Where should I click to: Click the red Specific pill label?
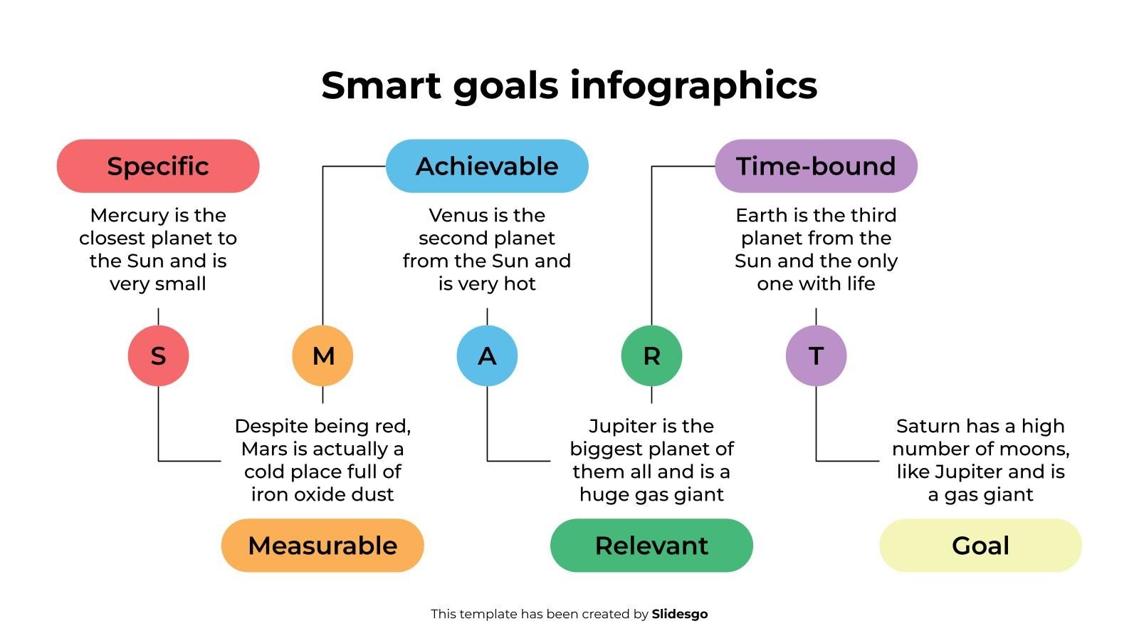[x=158, y=166]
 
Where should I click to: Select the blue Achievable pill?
[x=487, y=166]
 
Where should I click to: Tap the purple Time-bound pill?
[x=816, y=166]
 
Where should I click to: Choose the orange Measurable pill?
[x=322, y=546]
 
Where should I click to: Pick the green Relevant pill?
[x=651, y=546]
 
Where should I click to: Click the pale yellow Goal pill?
[x=980, y=546]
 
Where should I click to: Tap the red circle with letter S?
[x=158, y=355]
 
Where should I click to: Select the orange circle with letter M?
[x=322, y=355]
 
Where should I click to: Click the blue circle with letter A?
[x=487, y=355]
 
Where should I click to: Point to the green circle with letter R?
[x=651, y=355]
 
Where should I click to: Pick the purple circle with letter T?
[x=816, y=355]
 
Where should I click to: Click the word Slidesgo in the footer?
[x=680, y=614]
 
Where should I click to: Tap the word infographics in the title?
[x=693, y=85]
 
